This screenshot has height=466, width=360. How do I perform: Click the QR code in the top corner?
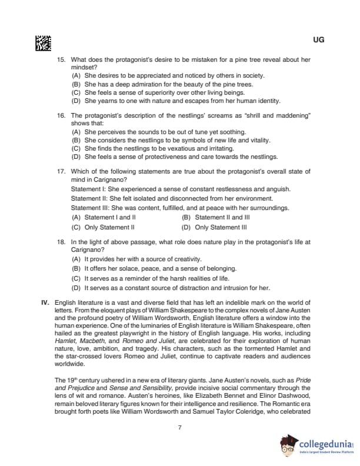[x=44, y=42]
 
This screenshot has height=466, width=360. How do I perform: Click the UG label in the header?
[x=318, y=40]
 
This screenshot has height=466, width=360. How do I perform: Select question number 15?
[x=61, y=60]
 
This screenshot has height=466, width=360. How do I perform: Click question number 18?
[x=61, y=242]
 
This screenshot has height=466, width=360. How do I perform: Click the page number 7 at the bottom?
[x=179, y=428]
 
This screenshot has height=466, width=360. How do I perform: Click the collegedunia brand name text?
[x=324, y=444]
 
